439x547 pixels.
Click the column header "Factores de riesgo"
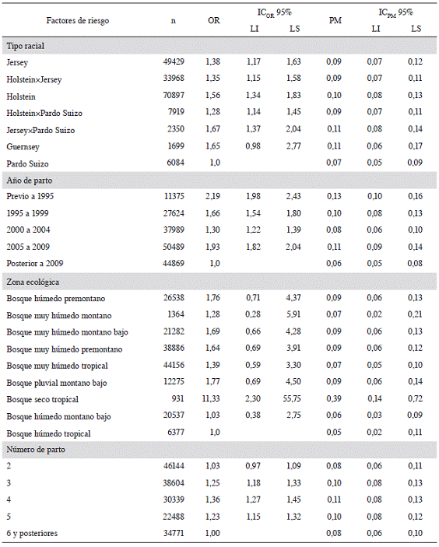pos(78,20)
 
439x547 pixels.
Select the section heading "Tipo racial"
pos(26,46)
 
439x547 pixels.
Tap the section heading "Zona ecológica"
pos(33,282)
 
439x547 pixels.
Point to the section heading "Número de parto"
pos(36,449)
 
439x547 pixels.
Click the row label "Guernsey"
pos(23,146)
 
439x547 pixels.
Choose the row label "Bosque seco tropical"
pos(43,399)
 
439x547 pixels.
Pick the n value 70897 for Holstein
pos(174,95)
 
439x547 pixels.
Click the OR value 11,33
pos(211,398)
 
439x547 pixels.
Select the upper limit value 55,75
pos(292,398)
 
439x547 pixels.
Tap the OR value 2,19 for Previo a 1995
pos(212,196)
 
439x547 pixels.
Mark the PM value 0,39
pos(334,398)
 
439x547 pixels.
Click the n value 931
pos(177,398)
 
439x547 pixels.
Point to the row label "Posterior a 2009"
pos(35,263)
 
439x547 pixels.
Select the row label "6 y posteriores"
pos(32,534)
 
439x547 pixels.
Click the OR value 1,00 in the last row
pos(212,533)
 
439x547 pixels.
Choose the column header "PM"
pos(335,20)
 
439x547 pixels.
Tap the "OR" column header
pos(214,20)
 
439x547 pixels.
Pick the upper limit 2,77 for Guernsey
pos(293,146)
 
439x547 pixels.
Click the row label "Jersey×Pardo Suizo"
pos(40,130)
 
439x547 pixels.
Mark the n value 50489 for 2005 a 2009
pos(174,247)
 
